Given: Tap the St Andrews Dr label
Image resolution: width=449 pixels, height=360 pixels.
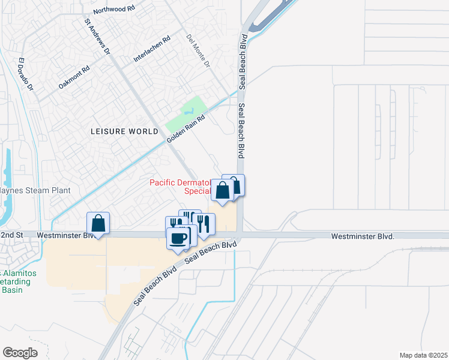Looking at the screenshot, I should (x=97, y=37).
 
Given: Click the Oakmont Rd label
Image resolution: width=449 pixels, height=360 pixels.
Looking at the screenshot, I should (x=74, y=77).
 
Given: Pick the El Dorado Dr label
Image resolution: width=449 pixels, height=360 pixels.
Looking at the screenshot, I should (x=25, y=75).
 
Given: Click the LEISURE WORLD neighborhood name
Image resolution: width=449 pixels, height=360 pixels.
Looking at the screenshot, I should (x=125, y=131).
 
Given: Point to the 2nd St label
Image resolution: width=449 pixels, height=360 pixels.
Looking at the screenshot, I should (x=11, y=235).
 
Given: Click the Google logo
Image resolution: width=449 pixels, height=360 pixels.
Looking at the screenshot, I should (x=20, y=352).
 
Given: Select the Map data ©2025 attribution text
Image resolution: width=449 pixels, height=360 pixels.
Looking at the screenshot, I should (x=423, y=355).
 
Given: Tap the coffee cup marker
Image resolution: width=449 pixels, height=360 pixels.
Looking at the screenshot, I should (x=178, y=238).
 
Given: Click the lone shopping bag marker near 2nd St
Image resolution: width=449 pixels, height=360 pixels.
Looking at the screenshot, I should (x=98, y=223).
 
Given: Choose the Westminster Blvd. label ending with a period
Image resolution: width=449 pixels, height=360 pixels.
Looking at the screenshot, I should (x=363, y=237).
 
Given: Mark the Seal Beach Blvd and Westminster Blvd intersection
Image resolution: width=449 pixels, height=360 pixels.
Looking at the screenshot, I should (x=240, y=235).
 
